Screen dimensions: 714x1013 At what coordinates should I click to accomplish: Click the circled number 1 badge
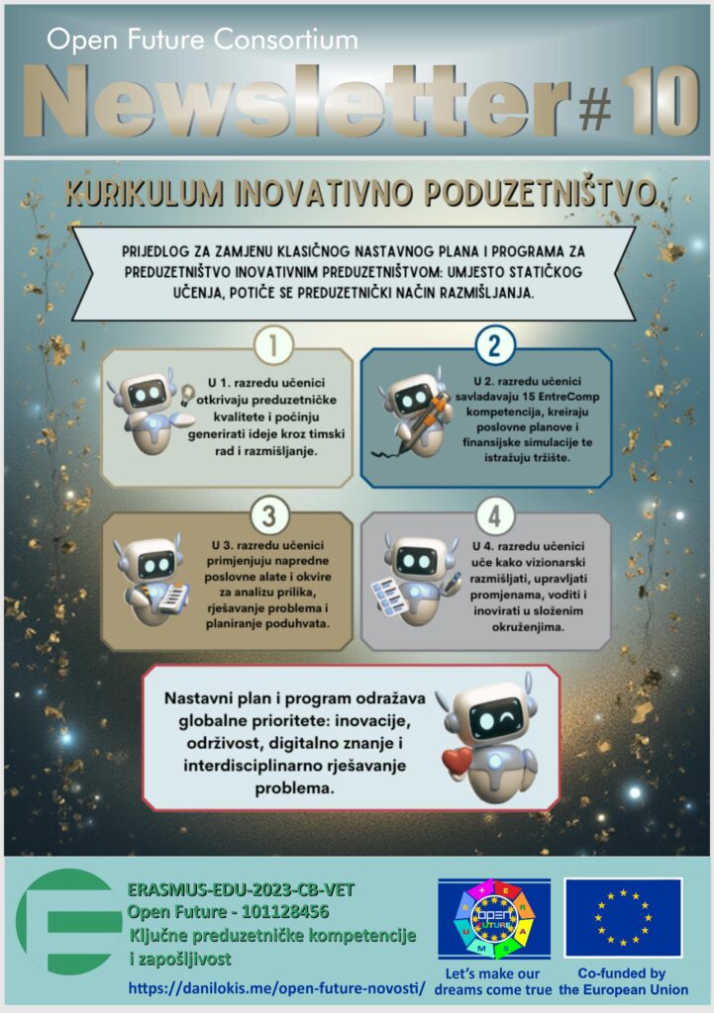[273, 345]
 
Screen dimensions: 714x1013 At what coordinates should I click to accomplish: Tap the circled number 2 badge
[495, 345]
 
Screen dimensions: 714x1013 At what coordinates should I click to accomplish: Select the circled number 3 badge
[269, 516]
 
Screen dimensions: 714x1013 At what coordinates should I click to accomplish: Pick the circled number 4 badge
[495, 516]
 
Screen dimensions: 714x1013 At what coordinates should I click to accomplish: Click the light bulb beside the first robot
[187, 394]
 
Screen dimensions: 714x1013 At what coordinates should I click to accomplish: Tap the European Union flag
[623, 917]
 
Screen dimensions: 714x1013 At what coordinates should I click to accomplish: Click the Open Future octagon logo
[494, 918]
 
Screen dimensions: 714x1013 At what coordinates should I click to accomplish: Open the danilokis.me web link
[277, 988]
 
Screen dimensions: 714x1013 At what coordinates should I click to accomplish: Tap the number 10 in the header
[662, 102]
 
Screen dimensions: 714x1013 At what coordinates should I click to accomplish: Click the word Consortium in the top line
[285, 40]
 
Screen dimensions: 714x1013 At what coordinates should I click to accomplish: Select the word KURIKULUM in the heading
[146, 193]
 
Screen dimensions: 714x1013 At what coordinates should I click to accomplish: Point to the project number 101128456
[285, 911]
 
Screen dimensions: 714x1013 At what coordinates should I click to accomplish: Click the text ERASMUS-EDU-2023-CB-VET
[242, 889]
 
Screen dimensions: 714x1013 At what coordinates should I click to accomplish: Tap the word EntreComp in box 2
[567, 396]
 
